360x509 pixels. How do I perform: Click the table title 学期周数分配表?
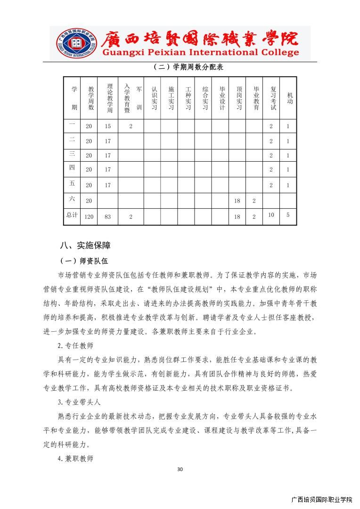tap(188, 67)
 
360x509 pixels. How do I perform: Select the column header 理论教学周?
tap(109, 98)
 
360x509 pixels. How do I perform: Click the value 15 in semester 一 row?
tap(108, 126)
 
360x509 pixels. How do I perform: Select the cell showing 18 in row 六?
tap(237, 201)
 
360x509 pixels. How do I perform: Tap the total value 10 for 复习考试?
tap(271, 215)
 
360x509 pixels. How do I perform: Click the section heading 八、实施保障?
tap(85, 246)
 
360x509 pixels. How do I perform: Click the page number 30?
tap(180, 469)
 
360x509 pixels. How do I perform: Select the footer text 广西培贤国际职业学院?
tap(322, 500)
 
